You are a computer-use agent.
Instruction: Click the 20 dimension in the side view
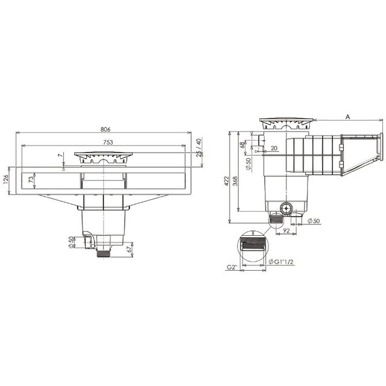click(274, 148)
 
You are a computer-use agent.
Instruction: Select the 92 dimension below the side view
click(287, 229)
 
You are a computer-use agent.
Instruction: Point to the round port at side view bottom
click(285, 209)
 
